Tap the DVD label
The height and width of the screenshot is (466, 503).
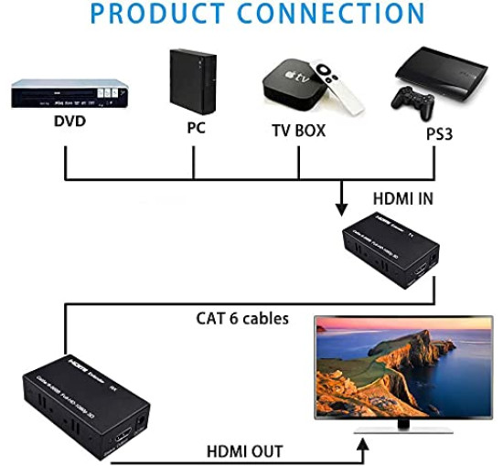[x=66, y=121]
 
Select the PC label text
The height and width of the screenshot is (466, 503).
[x=196, y=128]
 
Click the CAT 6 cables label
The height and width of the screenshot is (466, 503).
[x=242, y=319]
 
